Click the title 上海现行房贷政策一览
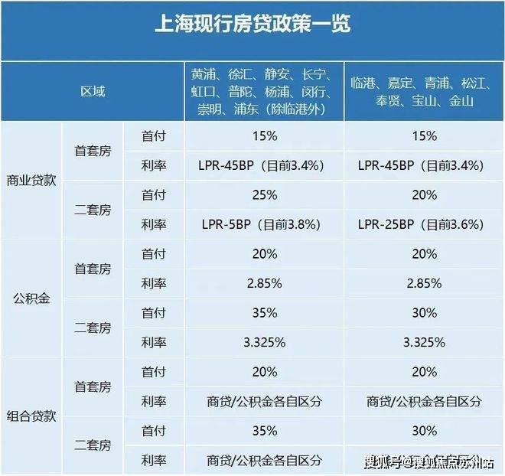point(252,25)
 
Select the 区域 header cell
point(93,91)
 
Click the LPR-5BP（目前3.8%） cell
point(264,225)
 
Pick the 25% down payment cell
point(264,195)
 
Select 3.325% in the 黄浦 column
point(264,342)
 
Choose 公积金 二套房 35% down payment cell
point(264,313)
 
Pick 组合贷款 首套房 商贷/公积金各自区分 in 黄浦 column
point(264,401)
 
